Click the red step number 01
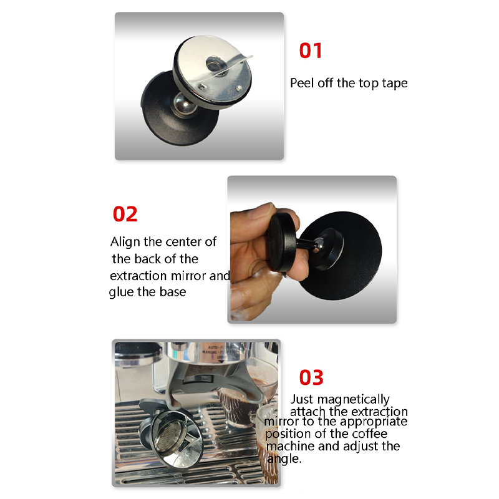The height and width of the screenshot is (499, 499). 310,51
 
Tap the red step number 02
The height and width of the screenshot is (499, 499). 125,214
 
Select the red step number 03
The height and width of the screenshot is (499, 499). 311,377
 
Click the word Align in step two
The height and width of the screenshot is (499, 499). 126,242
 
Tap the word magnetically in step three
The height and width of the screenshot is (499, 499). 353,399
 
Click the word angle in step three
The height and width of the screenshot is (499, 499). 283,459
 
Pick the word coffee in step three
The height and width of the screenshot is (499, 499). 369,434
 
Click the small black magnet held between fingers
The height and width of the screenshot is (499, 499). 283,243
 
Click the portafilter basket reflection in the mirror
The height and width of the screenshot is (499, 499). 172,437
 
